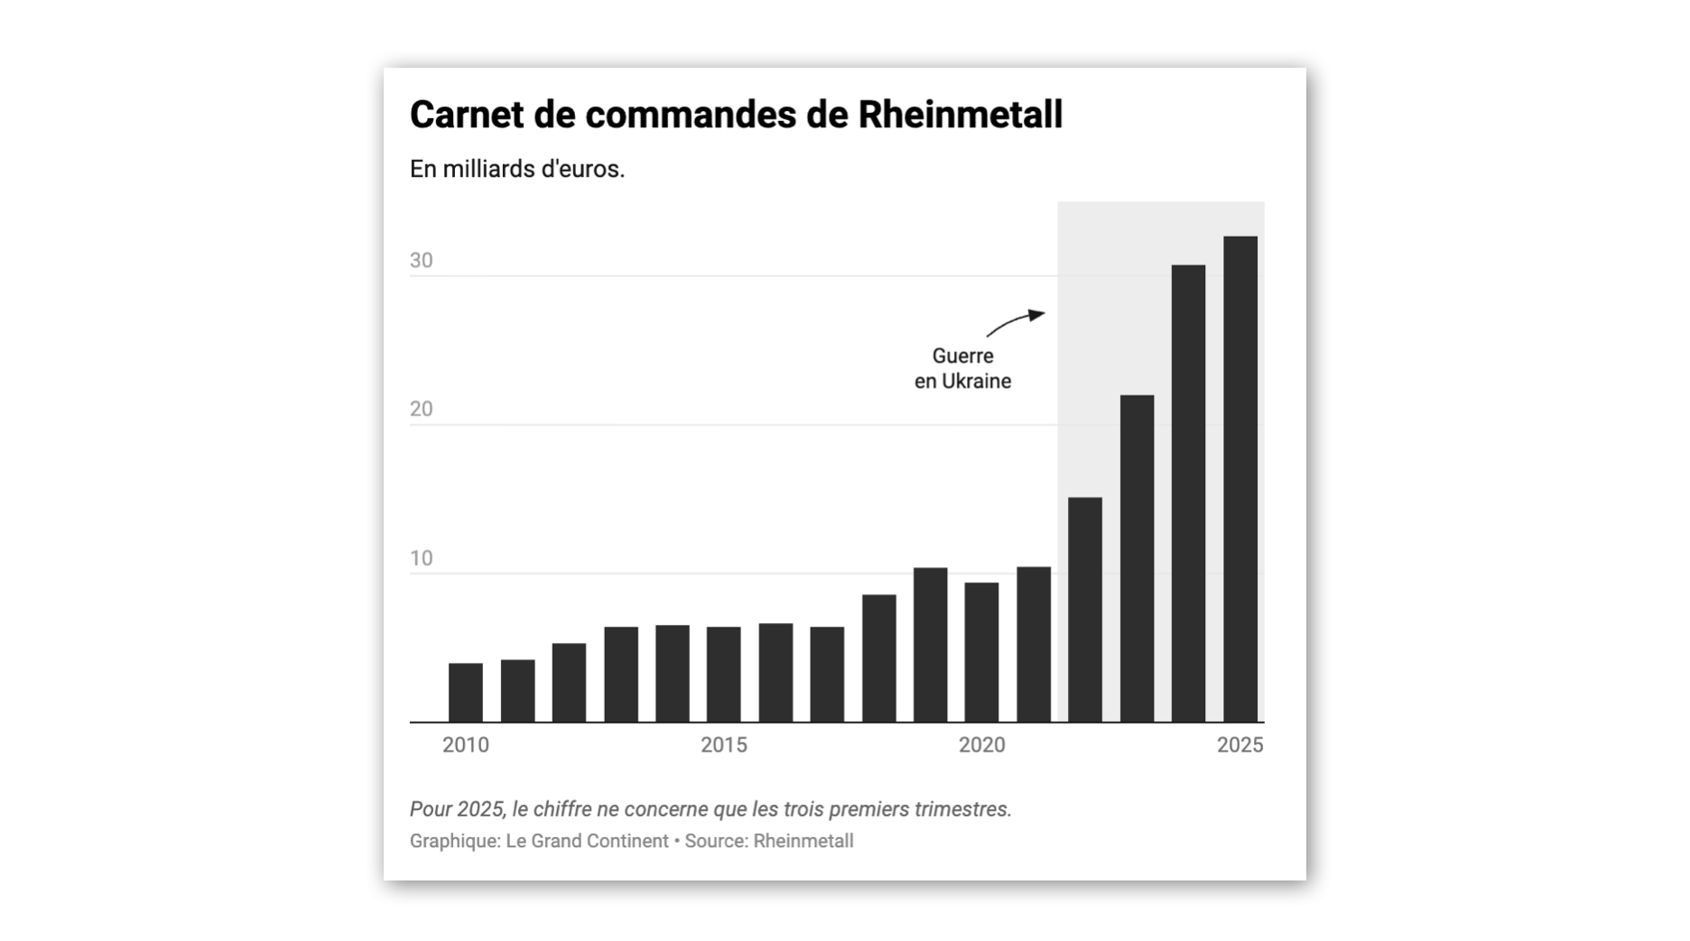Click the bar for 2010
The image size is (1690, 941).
click(465, 693)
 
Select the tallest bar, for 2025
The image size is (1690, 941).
click(1240, 479)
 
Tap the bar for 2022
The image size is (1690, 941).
click(1084, 610)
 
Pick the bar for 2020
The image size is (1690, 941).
click(981, 652)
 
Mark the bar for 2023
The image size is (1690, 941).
click(1137, 558)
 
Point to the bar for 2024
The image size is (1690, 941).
click(1188, 493)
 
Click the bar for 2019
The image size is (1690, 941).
click(930, 645)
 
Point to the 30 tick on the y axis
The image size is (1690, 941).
click(421, 261)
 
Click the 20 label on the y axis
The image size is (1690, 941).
click(421, 409)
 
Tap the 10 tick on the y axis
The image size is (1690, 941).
click(421, 558)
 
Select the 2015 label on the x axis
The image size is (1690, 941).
click(723, 745)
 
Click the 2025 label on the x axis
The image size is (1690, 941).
click(1240, 745)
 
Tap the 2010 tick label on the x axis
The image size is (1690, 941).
click(465, 745)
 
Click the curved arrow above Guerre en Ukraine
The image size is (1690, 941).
click(1015, 321)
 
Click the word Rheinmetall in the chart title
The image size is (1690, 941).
click(960, 115)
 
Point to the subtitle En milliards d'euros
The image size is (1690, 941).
click(516, 169)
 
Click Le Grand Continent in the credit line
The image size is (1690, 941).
click(587, 841)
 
